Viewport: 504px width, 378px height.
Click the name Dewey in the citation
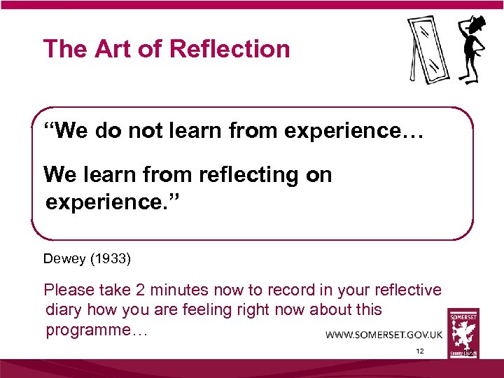(64, 259)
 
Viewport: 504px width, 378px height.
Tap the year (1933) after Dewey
(109, 259)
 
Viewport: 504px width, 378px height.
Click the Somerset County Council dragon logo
(463, 334)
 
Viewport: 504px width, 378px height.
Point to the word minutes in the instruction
(177, 290)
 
